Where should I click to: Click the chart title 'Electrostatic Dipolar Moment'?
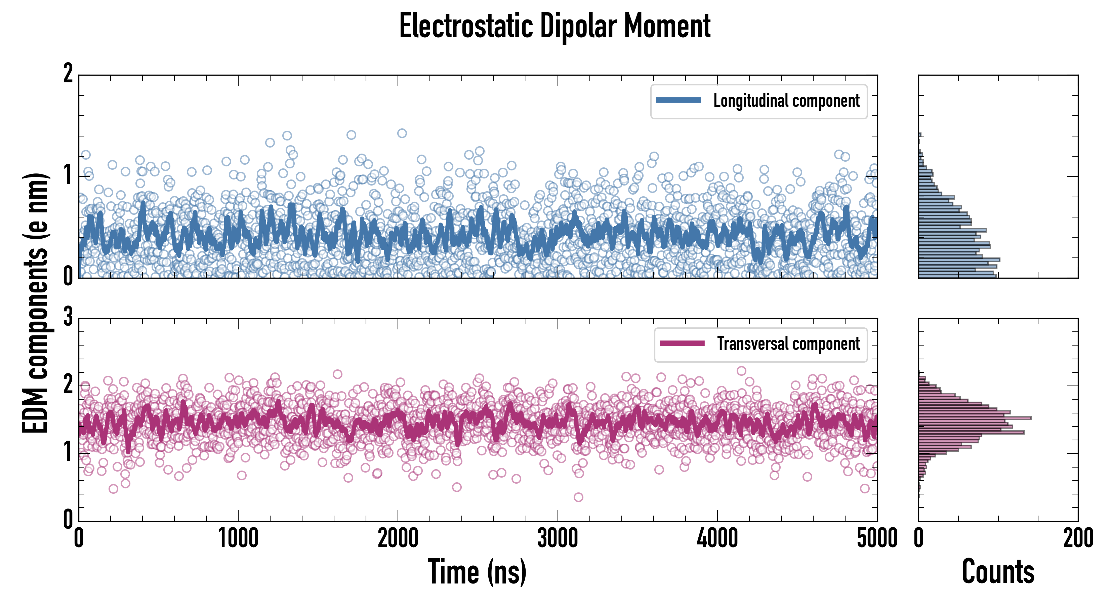pyautogui.click(x=554, y=27)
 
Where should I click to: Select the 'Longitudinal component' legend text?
pyautogui.click(x=786, y=101)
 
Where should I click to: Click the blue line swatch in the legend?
pyautogui.click(x=678, y=100)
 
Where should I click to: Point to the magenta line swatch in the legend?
pyautogui.click(x=682, y=343)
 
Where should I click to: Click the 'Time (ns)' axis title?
pyautogui.click(x=477, y=572)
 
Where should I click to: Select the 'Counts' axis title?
pyautogui.click(x=998, y=572)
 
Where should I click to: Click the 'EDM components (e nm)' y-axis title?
pyautogui.click(x=35, y=303)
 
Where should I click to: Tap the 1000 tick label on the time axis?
pyautogui.click(x=238, y=538)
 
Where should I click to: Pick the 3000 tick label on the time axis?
pyautogui.click(x=558, y=538)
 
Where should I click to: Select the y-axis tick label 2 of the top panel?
pyautogui.click(x=68, y=74)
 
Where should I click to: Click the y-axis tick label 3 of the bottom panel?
pyautogui.click(x=68, y=318)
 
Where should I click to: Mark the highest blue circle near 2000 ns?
pyautogui.click(x=402, y=133)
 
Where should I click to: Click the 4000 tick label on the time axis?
pyautogui.click(x=717, y=538)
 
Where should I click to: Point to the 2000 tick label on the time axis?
pyautogui.click(x=398, y=538)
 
